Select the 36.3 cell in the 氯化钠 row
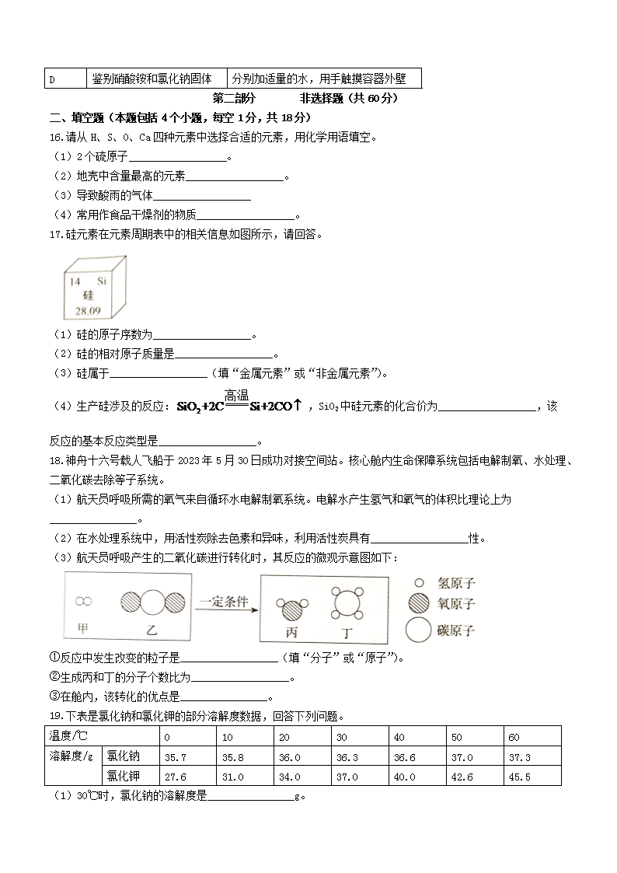tap(347, 756)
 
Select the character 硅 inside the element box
tap(88, 295)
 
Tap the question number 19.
tap(55, 716)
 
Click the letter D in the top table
tap(52, 79)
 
